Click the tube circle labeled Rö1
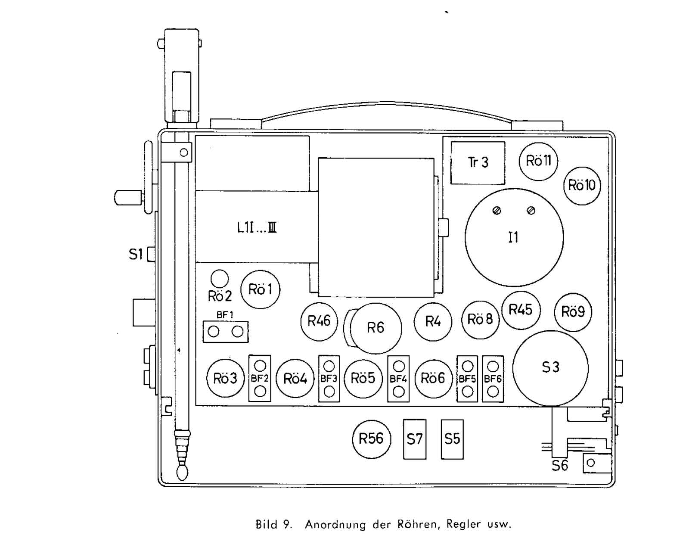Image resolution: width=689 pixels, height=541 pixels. pos(260,289)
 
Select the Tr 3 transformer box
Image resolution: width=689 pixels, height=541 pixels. pos(478,162)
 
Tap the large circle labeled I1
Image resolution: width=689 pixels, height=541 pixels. pos(514,237)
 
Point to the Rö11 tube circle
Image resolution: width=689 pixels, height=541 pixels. pos(538,161)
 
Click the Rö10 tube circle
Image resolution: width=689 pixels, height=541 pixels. pos(582,185)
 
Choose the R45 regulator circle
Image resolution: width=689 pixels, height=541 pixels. pos(521,310)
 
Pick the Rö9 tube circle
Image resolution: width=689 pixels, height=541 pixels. pos(573,312)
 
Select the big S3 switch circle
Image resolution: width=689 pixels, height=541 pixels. pos(550,367)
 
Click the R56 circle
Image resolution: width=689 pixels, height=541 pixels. pos(371,439)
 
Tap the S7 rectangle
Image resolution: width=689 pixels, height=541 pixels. pos(415,439)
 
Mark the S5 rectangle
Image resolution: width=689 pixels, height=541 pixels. pos(452,439)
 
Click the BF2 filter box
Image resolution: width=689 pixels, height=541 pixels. pos(260,378)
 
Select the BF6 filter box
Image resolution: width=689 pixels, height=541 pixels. pos(493,379)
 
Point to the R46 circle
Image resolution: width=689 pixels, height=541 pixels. pos(319,321)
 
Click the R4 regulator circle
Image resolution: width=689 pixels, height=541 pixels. pos(433,321)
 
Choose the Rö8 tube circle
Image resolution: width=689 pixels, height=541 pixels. pos(480,319)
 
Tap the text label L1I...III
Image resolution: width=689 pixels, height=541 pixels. pos(257,227)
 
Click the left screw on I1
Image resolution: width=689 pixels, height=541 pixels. pos(497,211)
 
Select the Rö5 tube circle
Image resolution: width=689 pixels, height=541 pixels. pos(363,378)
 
